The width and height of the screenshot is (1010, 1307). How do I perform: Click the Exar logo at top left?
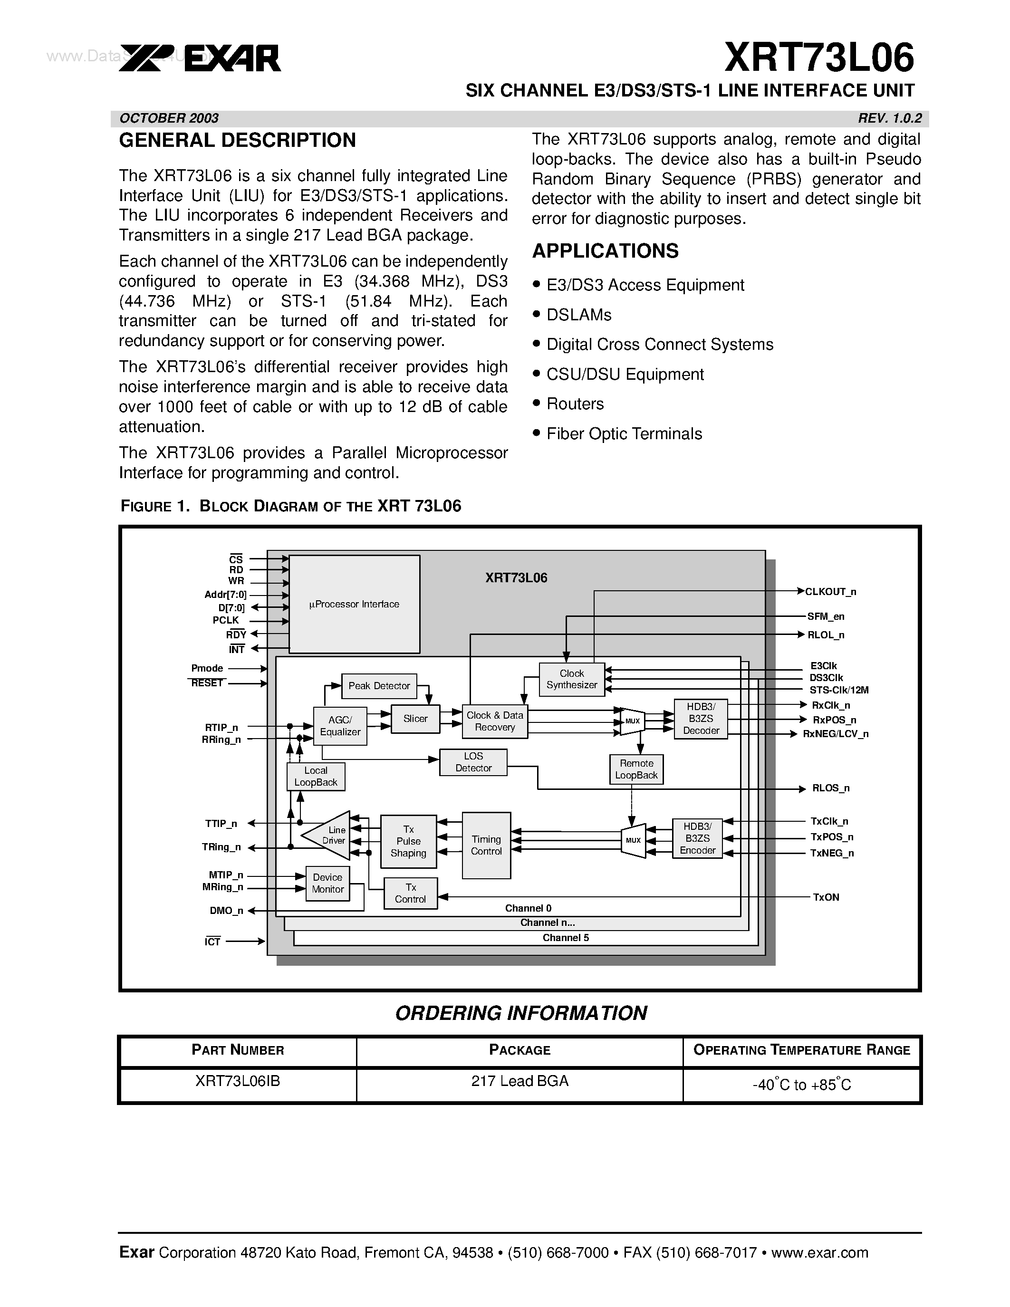(200, 58)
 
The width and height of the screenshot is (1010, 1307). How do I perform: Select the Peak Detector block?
(379, 686)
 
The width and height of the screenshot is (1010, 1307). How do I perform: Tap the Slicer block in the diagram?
(415, 719)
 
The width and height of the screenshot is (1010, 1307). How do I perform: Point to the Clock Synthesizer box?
(571, 679)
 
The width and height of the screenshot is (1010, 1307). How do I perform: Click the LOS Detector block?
(473, 762)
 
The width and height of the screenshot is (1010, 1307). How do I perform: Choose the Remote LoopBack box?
(636, 769)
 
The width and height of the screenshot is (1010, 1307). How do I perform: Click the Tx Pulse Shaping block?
(408, 841)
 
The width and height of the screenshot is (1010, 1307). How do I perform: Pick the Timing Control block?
(486, 845)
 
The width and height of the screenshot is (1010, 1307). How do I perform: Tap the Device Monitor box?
(327, 884)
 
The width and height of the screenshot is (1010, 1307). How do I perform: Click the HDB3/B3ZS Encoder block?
(697, 838)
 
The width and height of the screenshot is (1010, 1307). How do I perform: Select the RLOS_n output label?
(830, 788)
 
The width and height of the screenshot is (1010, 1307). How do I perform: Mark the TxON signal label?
(826, 897)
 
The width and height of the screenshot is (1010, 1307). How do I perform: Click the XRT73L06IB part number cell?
(238, 1081)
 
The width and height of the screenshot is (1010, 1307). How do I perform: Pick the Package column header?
(519, 1050)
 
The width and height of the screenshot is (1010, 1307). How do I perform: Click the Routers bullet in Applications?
(575, 404)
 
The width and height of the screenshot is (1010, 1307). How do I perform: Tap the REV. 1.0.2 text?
(890, 118)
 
